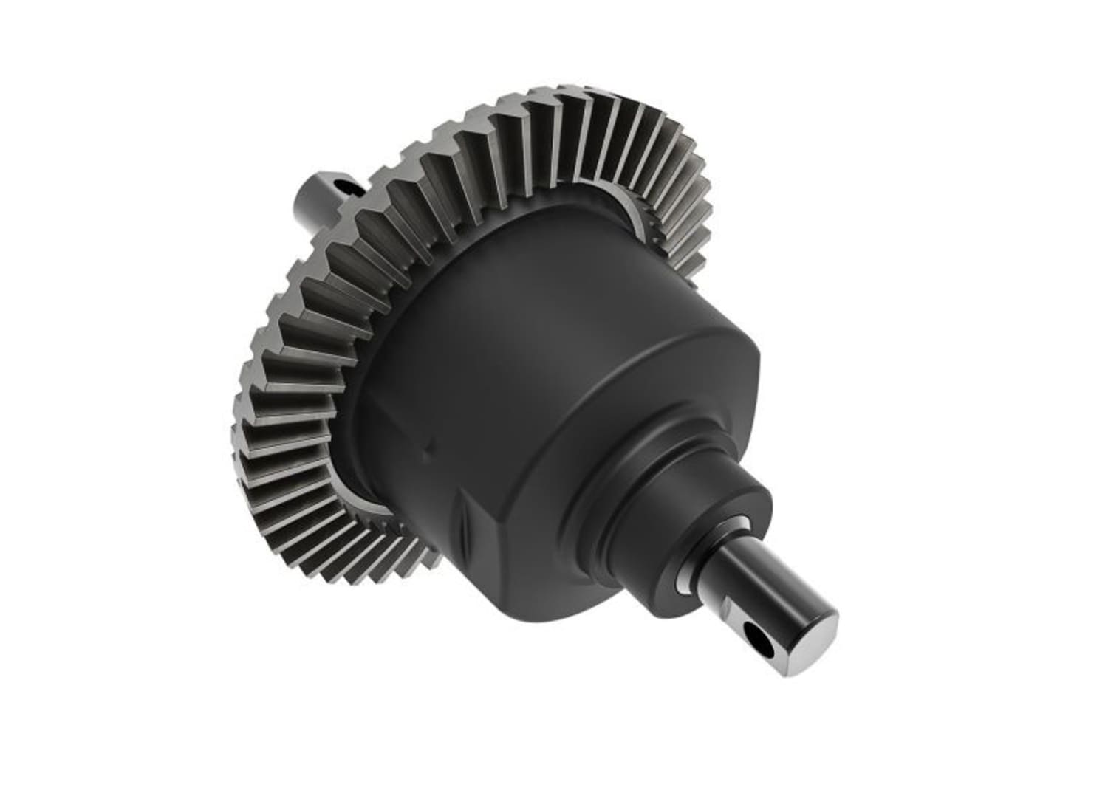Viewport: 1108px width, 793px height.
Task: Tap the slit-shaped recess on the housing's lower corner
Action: coord(464,529)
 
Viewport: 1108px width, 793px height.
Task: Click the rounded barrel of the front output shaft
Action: coord(739,583)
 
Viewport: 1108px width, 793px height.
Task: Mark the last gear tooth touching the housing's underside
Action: coord(428,561)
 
